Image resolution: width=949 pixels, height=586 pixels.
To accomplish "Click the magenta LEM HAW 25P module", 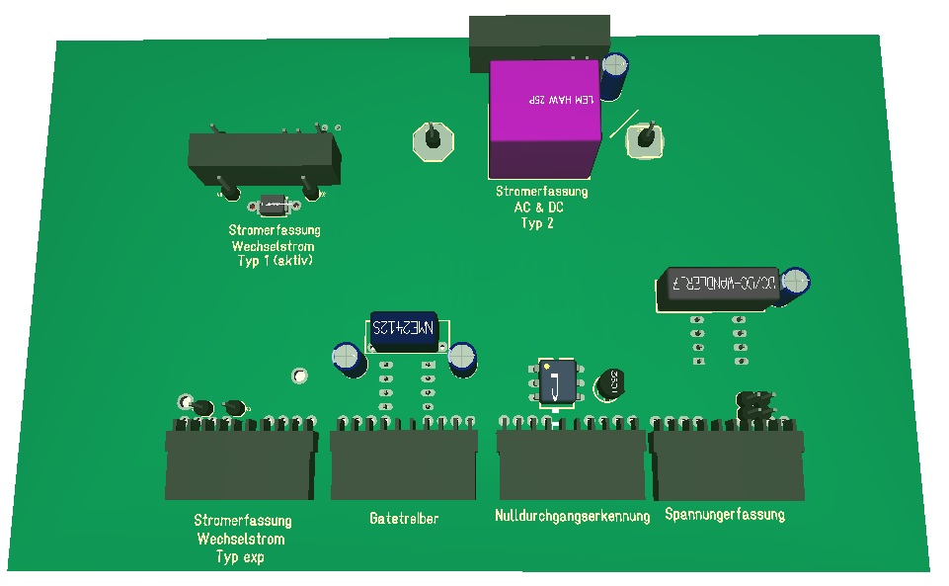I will click(x=544, y=117).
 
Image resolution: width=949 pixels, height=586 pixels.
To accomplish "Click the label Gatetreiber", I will click(x=404, y=518).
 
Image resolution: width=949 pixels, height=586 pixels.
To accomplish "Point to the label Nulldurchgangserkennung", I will click(x=572, y=516).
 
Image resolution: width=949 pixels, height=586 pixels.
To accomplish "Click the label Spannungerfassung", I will click(x=725, y=514).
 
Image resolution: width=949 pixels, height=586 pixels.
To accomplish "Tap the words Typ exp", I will click(x=241, y=557).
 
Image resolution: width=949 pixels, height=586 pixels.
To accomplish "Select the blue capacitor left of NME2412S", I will click(x=348, y=358).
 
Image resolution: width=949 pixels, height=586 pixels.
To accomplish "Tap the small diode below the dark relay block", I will click(x=273, y=206).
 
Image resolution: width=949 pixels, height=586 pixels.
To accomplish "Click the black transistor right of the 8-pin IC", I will click(x=608, y=383).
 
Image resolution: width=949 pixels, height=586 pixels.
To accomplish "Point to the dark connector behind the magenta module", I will click(x=538, y=38).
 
